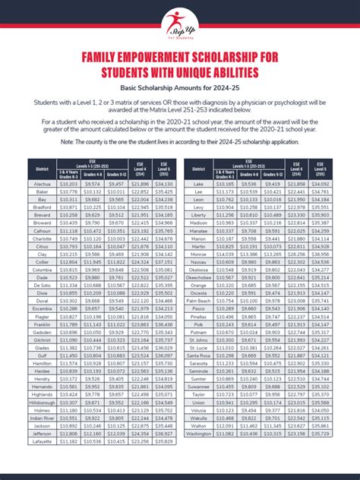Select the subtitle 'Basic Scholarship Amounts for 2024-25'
pos(179,88)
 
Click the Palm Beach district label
pos(199,321)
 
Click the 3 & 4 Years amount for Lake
pos(226,184)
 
